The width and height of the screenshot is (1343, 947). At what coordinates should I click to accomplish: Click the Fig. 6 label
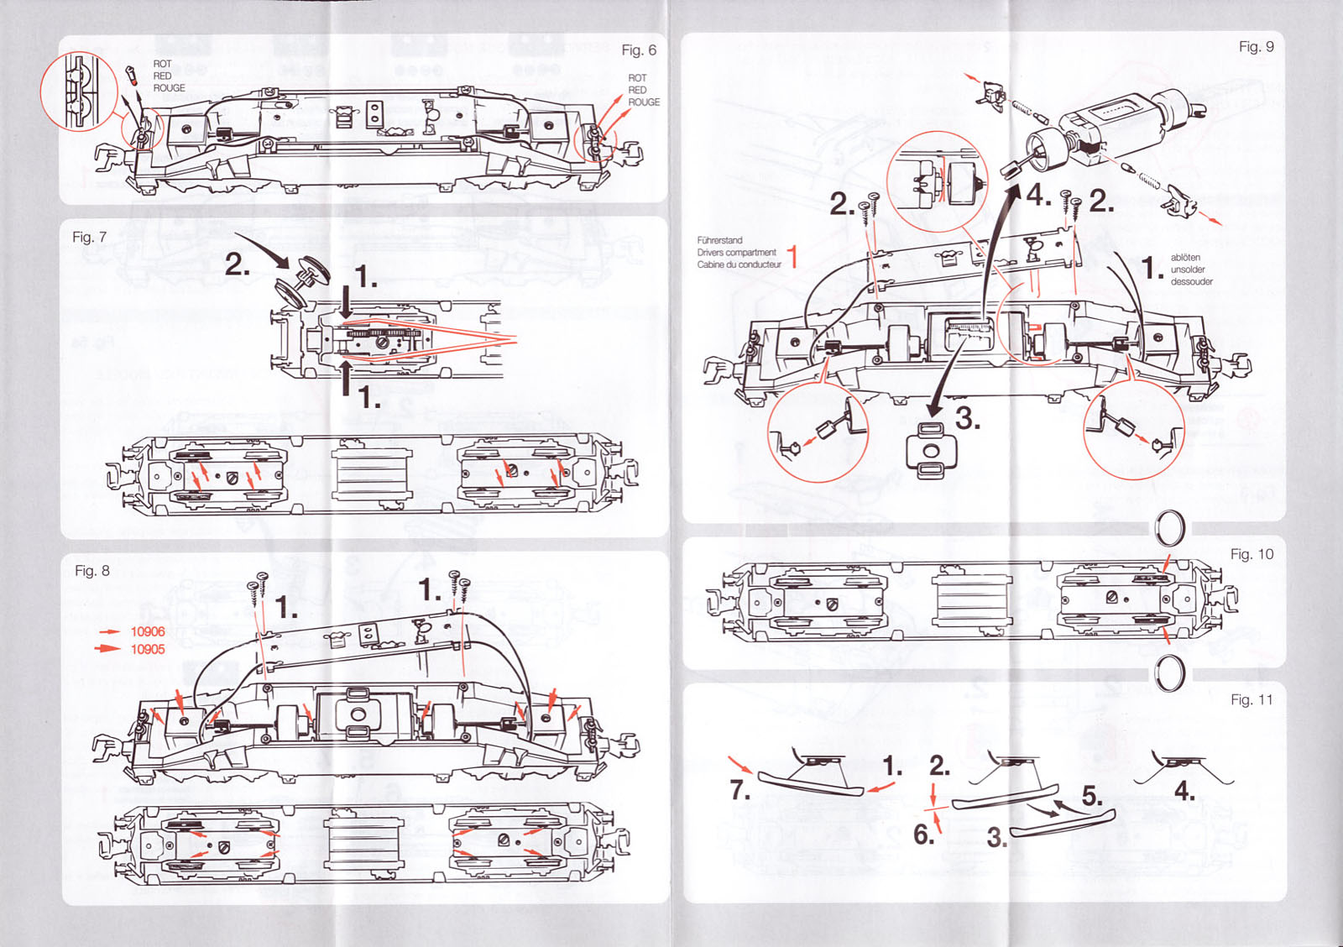[x=638, y=50]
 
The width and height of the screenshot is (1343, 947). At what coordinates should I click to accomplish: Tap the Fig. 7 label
[x=89, y=238]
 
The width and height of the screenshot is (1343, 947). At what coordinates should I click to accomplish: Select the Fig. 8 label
[x=91, y=571]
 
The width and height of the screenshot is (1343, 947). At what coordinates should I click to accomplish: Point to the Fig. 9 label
[x=1256, y=47]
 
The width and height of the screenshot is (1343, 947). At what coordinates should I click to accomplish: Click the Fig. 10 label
[x=1252, y=554]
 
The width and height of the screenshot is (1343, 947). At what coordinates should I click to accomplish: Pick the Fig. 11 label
[x=1252, y=700]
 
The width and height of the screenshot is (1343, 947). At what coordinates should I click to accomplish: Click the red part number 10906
[x=148, y=631]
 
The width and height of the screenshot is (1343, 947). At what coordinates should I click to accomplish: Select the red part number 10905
[x=148, y=649]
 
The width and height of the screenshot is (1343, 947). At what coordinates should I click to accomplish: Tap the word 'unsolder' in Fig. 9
[x=1188, y=269]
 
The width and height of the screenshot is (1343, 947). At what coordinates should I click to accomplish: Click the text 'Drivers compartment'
[x=736, y=252]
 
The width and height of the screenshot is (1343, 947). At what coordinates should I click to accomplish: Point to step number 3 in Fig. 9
[x=967, y=418]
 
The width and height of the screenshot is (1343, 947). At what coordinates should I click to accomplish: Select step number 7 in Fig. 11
[x=739, y=790]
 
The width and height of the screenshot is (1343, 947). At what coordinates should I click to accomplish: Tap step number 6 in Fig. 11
[x=923, y=835]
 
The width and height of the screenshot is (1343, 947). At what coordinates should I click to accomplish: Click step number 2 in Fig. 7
[x=237, y=265]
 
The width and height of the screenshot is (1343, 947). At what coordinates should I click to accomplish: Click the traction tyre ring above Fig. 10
[x=1169, y=529]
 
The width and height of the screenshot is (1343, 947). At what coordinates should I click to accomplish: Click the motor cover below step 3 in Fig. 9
[x=930, y=450]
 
